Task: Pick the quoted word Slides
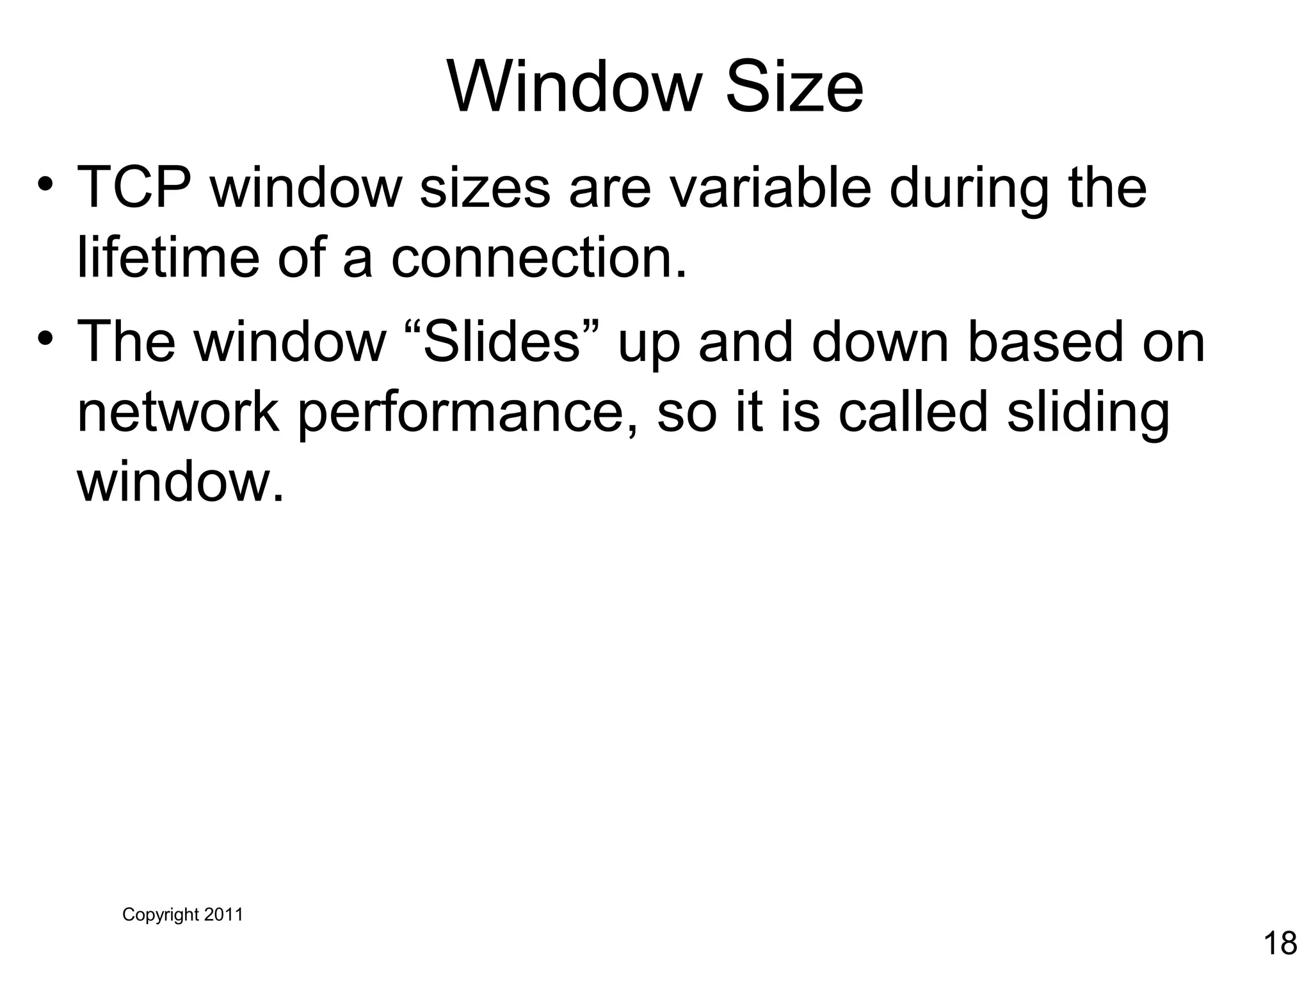point(501,342)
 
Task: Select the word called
point(913,413)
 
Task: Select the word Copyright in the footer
point(161,915)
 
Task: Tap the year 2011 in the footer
point(223,915)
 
